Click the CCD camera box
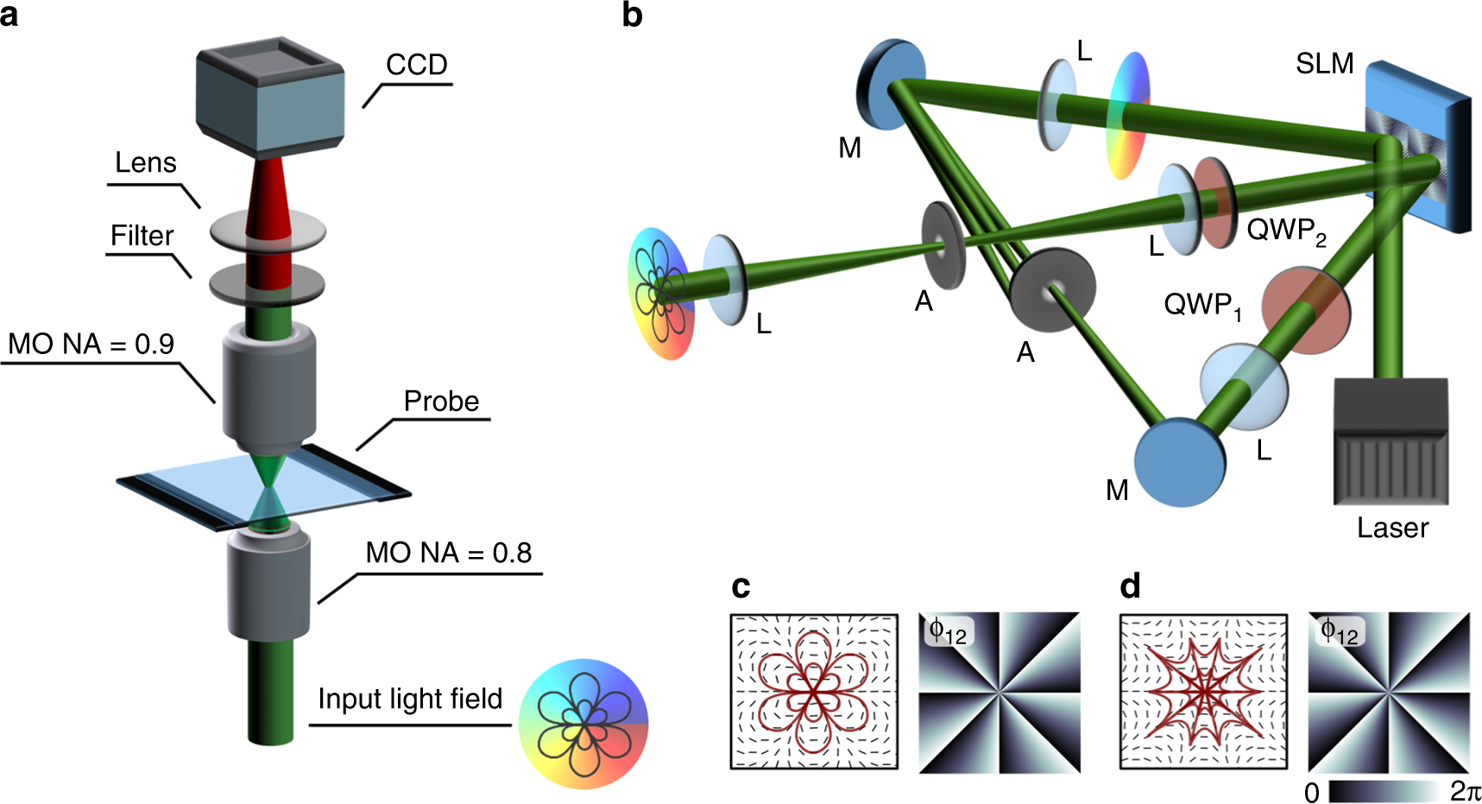[x=269, y=99]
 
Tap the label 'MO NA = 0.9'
[x=91, y=345]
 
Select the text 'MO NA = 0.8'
[x=448, y=553]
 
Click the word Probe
[x=441, y=402]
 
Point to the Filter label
[x=142, y=236]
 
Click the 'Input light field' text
[x=410, y=699]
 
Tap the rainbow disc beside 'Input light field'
[x=583, y=724]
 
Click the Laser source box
[x=1391, y=441]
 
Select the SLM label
[x=1324, y=64]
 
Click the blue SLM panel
[x=1416, y=147]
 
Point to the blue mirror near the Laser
[x=1179, y=463]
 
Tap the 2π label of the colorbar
[x=1465, y=791]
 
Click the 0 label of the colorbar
[x=1312, y=793]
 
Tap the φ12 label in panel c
[x=947, y=632]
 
